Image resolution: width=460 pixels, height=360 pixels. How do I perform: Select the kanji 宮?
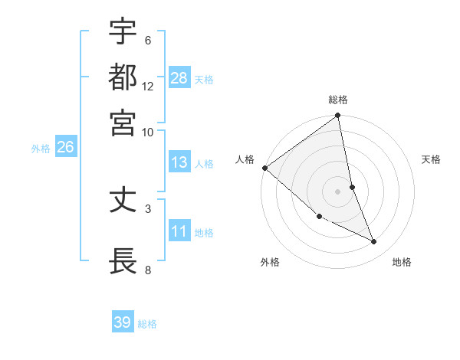tap(123, 123)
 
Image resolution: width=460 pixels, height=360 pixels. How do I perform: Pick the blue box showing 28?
tap(179, 78)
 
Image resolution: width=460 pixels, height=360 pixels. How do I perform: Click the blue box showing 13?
tap(179, 162)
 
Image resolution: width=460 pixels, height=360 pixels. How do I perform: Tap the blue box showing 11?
tap(179, 231)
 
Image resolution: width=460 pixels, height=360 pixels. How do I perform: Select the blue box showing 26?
tap(65, 148)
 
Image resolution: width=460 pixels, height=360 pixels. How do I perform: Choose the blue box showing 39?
tap(123, 322)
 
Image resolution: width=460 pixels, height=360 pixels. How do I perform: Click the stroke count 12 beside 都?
tap(148, 87)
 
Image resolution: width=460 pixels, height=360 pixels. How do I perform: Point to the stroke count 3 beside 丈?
tap(148, 208)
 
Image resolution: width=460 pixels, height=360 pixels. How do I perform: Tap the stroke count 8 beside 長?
tap(148, 270)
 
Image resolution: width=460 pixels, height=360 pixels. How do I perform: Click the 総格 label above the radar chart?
tap(338, 100)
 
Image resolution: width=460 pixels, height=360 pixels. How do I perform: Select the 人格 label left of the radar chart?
tap(245, 159)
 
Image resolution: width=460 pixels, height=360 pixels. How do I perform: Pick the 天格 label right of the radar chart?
tap(431, 159)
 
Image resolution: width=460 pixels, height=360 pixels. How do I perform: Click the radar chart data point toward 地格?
tap(374, 242)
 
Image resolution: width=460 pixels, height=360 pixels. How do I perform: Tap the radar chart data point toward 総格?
tap(338, 116)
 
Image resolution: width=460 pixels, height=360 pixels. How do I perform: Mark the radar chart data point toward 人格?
tap(264, 168)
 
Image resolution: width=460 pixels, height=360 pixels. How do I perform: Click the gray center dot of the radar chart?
tap(338, 191)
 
